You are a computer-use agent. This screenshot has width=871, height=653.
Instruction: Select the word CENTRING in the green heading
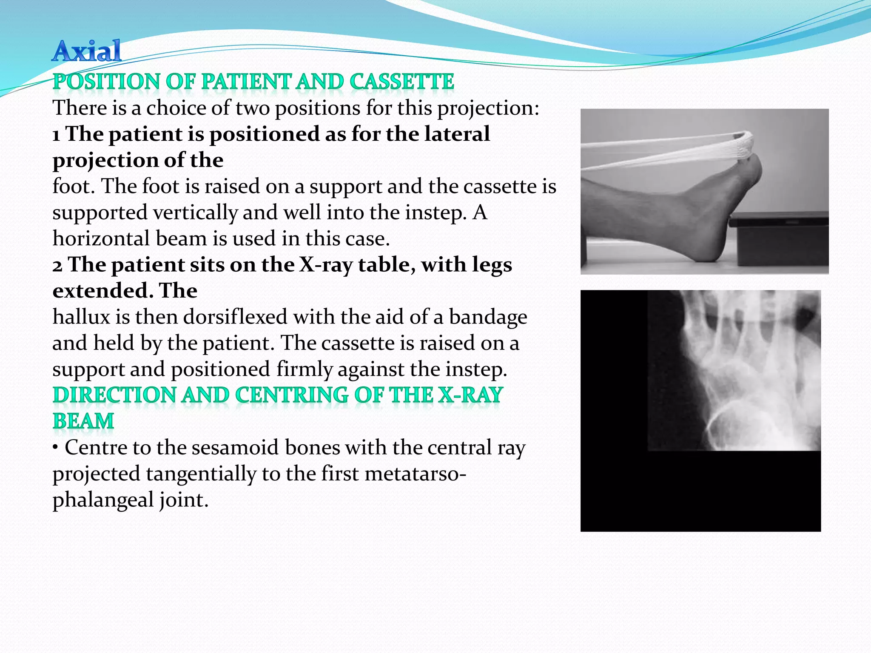tap(291, 395)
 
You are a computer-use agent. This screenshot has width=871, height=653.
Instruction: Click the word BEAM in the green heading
tap(83, 421)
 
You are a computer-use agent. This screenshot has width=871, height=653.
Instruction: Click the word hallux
tap(80, 317)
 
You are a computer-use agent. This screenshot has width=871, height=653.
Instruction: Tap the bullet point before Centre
tap(56, 448)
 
